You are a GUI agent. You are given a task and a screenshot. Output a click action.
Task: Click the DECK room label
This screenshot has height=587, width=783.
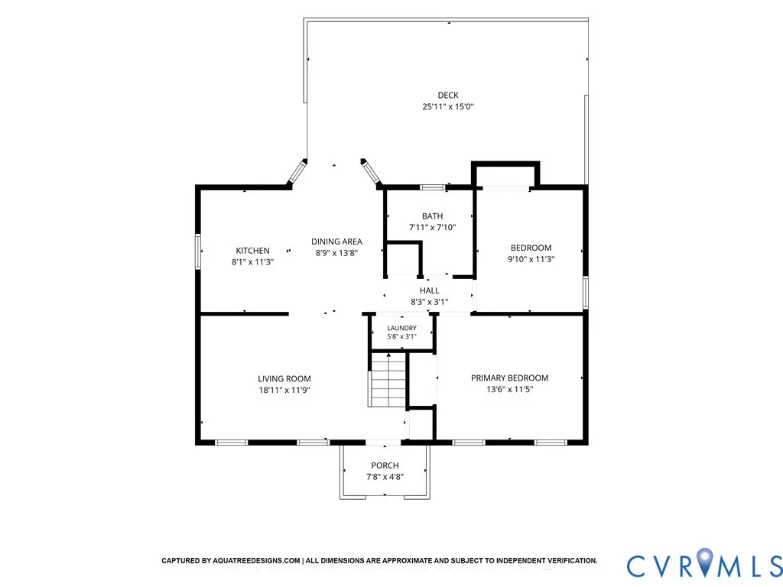click(x=448, y=95)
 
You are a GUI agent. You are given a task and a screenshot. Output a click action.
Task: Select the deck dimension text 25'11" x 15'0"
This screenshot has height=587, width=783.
click(x=448, y=106)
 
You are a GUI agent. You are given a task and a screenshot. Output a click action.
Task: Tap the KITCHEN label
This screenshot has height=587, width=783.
click(x=252, y=251)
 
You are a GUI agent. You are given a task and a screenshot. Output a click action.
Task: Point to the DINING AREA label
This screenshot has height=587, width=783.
click(x=336, y=242)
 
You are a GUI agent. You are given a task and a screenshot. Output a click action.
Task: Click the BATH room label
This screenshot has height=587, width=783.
click(x=433, y=216)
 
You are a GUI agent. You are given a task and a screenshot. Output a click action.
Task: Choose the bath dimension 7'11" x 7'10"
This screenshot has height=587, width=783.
click(x=433, y=228)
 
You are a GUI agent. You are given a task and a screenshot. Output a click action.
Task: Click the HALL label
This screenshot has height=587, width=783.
click(x=430, y=290)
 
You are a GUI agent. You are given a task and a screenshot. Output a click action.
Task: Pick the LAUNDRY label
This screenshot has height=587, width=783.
click(x=402, y=328)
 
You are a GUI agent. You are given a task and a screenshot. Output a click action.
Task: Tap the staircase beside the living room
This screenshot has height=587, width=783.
click(x=388, y=380)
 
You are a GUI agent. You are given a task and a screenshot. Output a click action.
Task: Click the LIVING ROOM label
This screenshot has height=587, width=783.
click(x=284, y=379)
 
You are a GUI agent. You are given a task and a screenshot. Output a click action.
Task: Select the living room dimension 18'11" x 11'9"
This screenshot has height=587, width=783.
click(x=284, y=391)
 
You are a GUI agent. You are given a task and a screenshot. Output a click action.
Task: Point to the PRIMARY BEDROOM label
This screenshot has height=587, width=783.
click(x=510, y=378)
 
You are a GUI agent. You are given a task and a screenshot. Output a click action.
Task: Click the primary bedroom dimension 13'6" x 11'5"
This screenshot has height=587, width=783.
click(x=510, y=389)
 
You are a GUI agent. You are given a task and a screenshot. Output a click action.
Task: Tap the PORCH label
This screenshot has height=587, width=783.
click(x=385, y=465)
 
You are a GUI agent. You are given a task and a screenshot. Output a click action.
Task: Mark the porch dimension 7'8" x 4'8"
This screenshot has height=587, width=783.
click(x=385, y=477)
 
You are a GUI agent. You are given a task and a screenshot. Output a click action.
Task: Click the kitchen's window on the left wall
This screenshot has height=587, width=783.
click(x=198, y=251)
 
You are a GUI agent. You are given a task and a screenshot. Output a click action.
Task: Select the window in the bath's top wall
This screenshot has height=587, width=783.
click(x=433, y=188)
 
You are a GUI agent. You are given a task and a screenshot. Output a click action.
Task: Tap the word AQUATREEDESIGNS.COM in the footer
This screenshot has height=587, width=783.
click(x=257, y=560)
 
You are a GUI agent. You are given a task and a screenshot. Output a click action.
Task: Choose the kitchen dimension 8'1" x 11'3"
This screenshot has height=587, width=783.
click(x=252, y=262)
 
